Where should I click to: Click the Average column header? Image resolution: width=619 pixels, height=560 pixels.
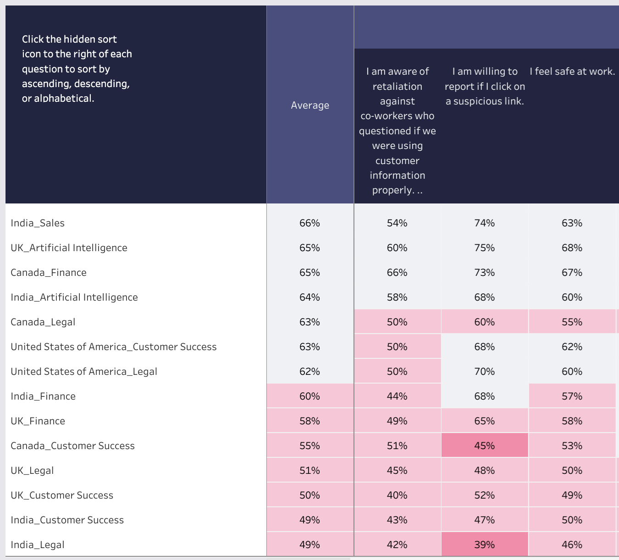[x=310, y=105]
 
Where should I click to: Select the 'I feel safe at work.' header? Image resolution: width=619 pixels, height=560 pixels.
[x=572, y=71]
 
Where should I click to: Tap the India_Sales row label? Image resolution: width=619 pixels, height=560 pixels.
[x=38, y=223]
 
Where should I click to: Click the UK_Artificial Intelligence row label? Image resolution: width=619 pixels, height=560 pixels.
[x=69, y=248]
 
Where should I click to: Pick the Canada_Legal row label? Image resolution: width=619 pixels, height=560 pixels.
[x=43, y=322]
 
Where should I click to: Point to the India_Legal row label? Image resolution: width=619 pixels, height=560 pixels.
[x=38, y=545]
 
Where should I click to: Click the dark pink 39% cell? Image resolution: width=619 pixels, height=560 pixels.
[x=485, y=545]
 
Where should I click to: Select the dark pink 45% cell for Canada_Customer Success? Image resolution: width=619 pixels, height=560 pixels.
[x=485, y=446]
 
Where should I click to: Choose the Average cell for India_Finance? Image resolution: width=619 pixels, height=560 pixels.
[x=310, y=396]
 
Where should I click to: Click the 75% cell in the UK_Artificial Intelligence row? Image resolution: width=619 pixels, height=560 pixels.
[x=485, y=248]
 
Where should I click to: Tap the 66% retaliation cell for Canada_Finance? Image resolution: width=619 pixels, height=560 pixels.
[x=397, y=273]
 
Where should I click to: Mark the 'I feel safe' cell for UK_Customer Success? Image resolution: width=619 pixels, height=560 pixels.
[x=572, y=495]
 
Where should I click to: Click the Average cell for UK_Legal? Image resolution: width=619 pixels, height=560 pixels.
[x=310, y=471]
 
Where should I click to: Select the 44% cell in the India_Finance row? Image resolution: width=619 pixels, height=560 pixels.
[x=397, y=396]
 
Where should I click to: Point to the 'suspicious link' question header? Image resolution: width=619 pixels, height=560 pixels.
[x=485, y=86]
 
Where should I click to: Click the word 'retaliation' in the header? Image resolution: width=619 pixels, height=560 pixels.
[x=397, y=87]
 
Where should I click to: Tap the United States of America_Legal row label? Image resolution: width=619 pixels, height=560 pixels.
[x=84, y=372]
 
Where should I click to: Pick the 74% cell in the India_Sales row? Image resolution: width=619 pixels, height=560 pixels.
[x=485, y=223]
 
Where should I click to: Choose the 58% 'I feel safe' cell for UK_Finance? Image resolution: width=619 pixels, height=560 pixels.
[x=572, y=421]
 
